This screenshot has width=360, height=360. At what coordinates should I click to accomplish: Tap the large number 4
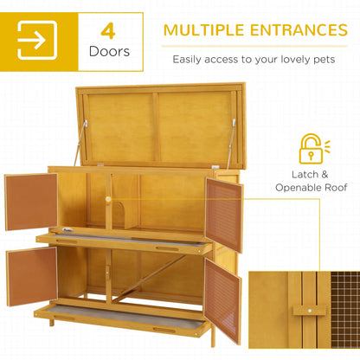[108, 31]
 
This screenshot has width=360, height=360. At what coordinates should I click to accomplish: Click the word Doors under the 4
[109, 52]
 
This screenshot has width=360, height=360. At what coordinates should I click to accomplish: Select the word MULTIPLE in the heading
[208, 31]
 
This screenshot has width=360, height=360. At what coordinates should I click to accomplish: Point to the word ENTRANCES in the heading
[296, 31]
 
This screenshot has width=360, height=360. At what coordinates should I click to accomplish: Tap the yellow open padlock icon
[310, 149]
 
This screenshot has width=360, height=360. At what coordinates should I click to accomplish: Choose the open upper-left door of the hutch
[31, 202]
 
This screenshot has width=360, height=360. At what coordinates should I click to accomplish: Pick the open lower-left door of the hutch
[31, 276]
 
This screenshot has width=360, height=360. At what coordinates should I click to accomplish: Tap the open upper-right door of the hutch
[224, 213]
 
